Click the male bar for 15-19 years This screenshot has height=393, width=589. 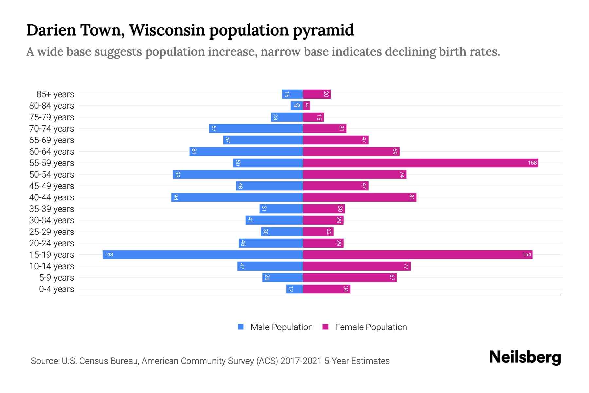click(x=203, y=254)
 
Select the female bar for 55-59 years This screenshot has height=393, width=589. click(x=420, y=163)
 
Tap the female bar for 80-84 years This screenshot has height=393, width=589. click(x=307, y=105)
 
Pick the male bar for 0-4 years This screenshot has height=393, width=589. click(x=294, y=289)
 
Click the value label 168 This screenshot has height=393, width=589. click(x=532, y=163)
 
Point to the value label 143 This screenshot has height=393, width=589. click(x=109, y=254)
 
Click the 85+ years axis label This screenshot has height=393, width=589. click(x=55, y=94)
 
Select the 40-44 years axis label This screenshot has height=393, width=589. click(x=52, y=197)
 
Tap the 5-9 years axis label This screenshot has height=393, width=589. click(x=56, y=278)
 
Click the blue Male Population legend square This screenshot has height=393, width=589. click(x=241, y=327)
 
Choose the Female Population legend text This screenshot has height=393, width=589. click(x=371, y=327)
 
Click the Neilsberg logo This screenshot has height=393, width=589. click(x=525, y=357)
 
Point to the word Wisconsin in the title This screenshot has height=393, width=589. click(x=168, y=30)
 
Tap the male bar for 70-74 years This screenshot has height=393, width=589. click(x=256, y=128)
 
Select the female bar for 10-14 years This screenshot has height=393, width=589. click(x=357, y=266)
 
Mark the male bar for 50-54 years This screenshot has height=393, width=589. click(x=238, y=174)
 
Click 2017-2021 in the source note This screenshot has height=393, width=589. click(x=301, y=361)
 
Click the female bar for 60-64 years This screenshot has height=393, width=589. click(x=351, y=151)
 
